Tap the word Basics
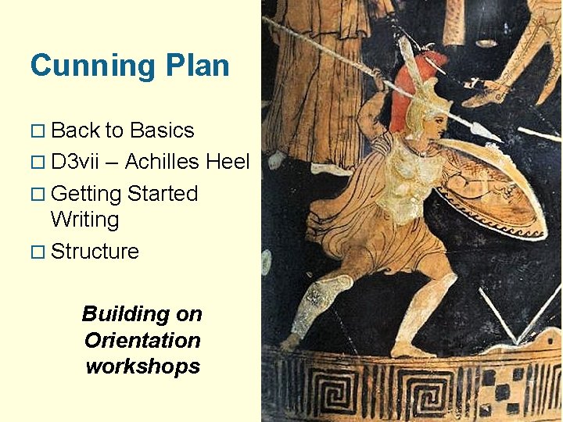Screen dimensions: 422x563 click(x=162, y=130)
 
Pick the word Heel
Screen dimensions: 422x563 click(x=228, y=162)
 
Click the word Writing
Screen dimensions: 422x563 click(x=84, y=220)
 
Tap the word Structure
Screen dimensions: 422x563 click(x=95, y=252)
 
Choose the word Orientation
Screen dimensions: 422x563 click(x=142, y=341)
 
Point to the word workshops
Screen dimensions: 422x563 click(x=142, y=367)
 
